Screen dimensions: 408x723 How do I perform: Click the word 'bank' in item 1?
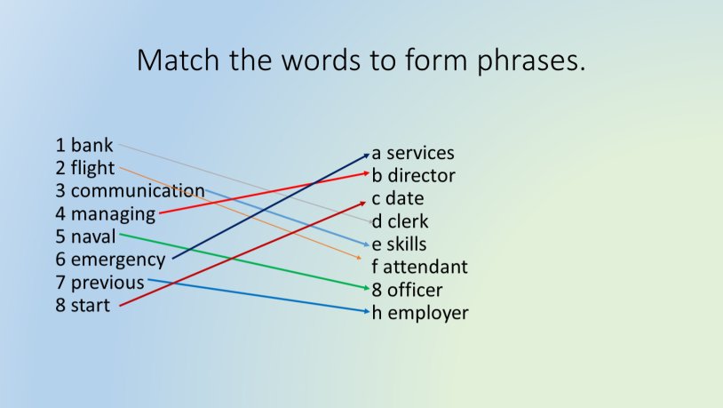(91, 145)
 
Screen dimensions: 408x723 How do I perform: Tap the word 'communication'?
(138, 191)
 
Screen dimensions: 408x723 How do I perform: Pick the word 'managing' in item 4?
(113, 214)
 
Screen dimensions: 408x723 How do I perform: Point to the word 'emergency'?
(117, 260)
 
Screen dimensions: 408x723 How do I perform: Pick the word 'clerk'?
(408, 221)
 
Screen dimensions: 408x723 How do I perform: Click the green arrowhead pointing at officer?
(366, 288)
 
